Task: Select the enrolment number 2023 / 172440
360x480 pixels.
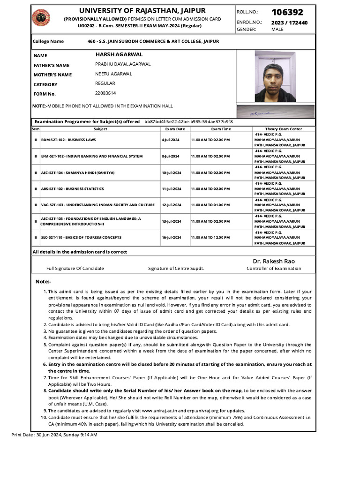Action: [x=289, y=22]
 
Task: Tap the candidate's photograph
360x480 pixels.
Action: [x=275, y=76]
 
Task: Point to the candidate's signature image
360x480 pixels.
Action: [x=275, y=112]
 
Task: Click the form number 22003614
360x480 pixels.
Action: [x=105, y=93]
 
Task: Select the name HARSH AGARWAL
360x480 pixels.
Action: [x=116, y=55]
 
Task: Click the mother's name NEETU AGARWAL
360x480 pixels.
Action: [x=113, y=74]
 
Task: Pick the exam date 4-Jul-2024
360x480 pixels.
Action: [x=171, y=140]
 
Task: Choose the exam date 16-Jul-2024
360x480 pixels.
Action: [x=171, y=238]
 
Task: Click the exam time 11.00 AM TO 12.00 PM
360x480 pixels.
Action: [x=210, y=238]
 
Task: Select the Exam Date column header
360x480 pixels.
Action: [x=175, y=129]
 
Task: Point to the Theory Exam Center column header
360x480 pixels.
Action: [x=283, y=129]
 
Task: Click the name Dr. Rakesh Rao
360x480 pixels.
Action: [x=274, y=261]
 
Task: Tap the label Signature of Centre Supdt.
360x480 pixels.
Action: [x=176, y=269]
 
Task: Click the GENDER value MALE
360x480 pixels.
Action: [x=277, y=29]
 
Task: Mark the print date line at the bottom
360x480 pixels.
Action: [x=54, y=435]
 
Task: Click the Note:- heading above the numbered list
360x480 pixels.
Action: [x=44, y=282]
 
